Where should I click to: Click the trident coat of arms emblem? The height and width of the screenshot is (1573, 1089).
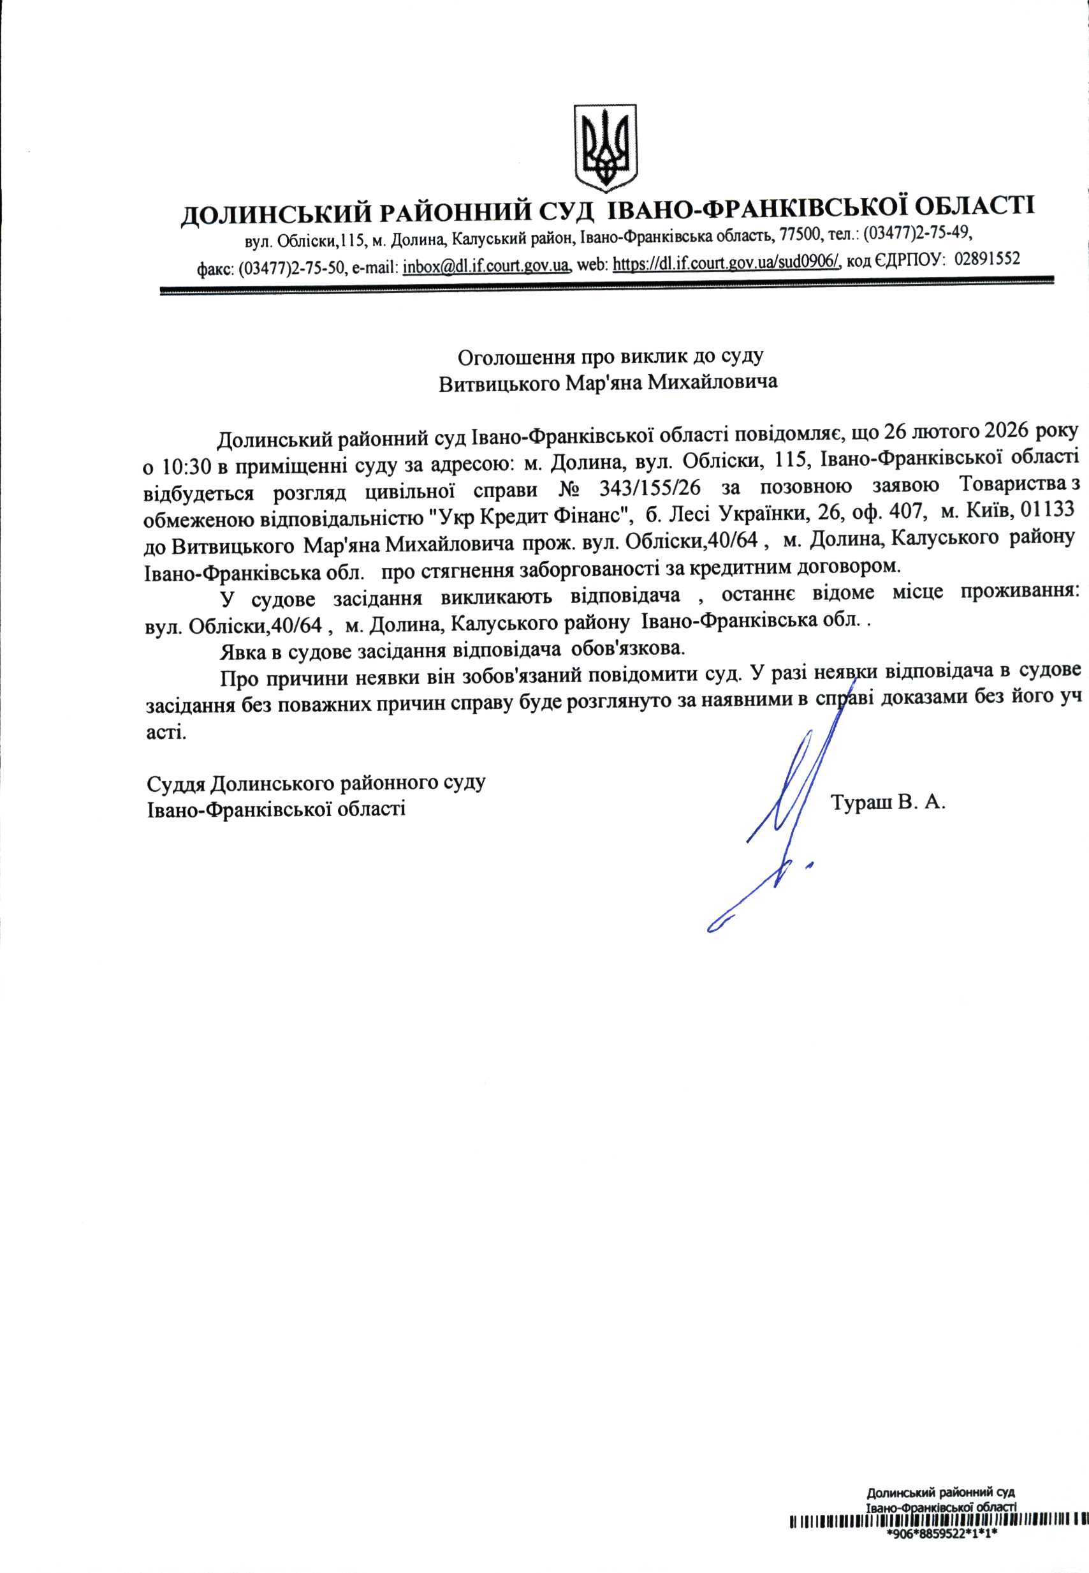(604, 147)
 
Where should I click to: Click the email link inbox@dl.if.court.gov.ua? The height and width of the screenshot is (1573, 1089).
(486, 265)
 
